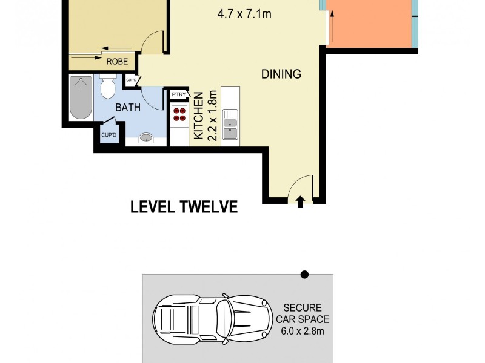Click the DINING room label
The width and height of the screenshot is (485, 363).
tap(281, 74)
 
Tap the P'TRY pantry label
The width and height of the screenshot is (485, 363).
tap(178, 95)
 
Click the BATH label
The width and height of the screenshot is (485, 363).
tap(129, 108)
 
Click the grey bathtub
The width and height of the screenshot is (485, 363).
tap(80, 97)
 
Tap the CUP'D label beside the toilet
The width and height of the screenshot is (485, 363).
tap(132, 80)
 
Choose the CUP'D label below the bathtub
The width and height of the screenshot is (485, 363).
tap(109, 135)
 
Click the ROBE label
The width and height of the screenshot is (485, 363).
tap(116, 61)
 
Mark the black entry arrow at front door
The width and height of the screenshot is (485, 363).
tap(301, 202)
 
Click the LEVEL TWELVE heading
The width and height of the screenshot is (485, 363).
tap(184, 208)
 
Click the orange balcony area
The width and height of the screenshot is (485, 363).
tap(370, 24)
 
